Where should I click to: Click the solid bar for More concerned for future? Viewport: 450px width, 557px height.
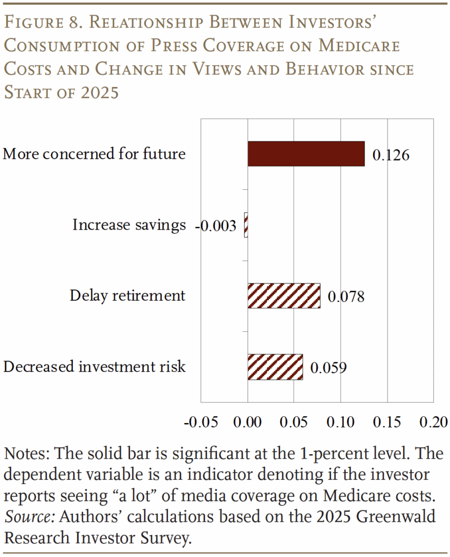[306, 154]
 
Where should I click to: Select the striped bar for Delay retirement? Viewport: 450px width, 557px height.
[284, 296]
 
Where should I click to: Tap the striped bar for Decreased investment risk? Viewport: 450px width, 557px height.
[275, 367]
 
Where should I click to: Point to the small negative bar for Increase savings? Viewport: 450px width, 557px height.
[246, 225]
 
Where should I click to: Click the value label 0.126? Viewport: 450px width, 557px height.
[390, 155]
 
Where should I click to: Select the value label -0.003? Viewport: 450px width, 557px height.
[216, 226]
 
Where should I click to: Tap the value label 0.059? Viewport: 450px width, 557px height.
[328, 368]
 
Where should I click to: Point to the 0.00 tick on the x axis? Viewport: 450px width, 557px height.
[247, 422]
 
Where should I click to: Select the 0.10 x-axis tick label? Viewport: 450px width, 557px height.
[340, 422]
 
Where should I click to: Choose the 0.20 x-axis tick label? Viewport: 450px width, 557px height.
[433, 422]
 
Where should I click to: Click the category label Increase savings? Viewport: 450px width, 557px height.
[129, 225]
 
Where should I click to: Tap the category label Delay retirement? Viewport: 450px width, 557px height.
[127, 295]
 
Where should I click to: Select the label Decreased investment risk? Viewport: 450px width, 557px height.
[95, 367]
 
